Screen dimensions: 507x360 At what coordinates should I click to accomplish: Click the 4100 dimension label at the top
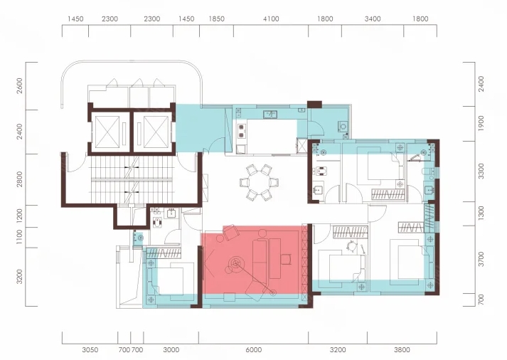271,19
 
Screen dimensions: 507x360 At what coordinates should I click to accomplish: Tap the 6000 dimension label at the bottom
253,350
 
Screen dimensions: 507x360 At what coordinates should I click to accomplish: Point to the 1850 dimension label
216,19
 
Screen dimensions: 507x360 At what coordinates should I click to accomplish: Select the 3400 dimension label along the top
373,19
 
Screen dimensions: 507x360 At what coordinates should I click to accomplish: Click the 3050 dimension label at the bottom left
90,350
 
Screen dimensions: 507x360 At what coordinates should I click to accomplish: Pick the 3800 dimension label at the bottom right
402,350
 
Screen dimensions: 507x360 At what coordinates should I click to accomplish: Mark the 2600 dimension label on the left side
20,85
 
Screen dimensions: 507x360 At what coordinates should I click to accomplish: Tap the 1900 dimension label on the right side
481,123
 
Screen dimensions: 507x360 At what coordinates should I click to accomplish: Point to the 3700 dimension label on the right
481,259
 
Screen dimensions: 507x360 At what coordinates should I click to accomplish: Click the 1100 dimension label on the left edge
20,237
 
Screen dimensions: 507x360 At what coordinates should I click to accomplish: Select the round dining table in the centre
259,183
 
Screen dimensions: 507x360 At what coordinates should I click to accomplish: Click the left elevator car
107,132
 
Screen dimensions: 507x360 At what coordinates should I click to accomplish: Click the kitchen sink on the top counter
270,114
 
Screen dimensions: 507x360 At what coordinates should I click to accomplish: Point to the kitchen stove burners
242,131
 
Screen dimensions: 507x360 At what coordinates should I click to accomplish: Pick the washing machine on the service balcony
343,126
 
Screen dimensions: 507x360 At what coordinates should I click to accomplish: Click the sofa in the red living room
260,260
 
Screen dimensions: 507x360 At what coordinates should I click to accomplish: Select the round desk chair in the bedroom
351,246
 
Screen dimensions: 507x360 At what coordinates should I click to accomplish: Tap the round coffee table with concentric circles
235,263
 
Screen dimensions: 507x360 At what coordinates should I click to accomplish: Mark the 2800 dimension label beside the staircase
20,179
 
